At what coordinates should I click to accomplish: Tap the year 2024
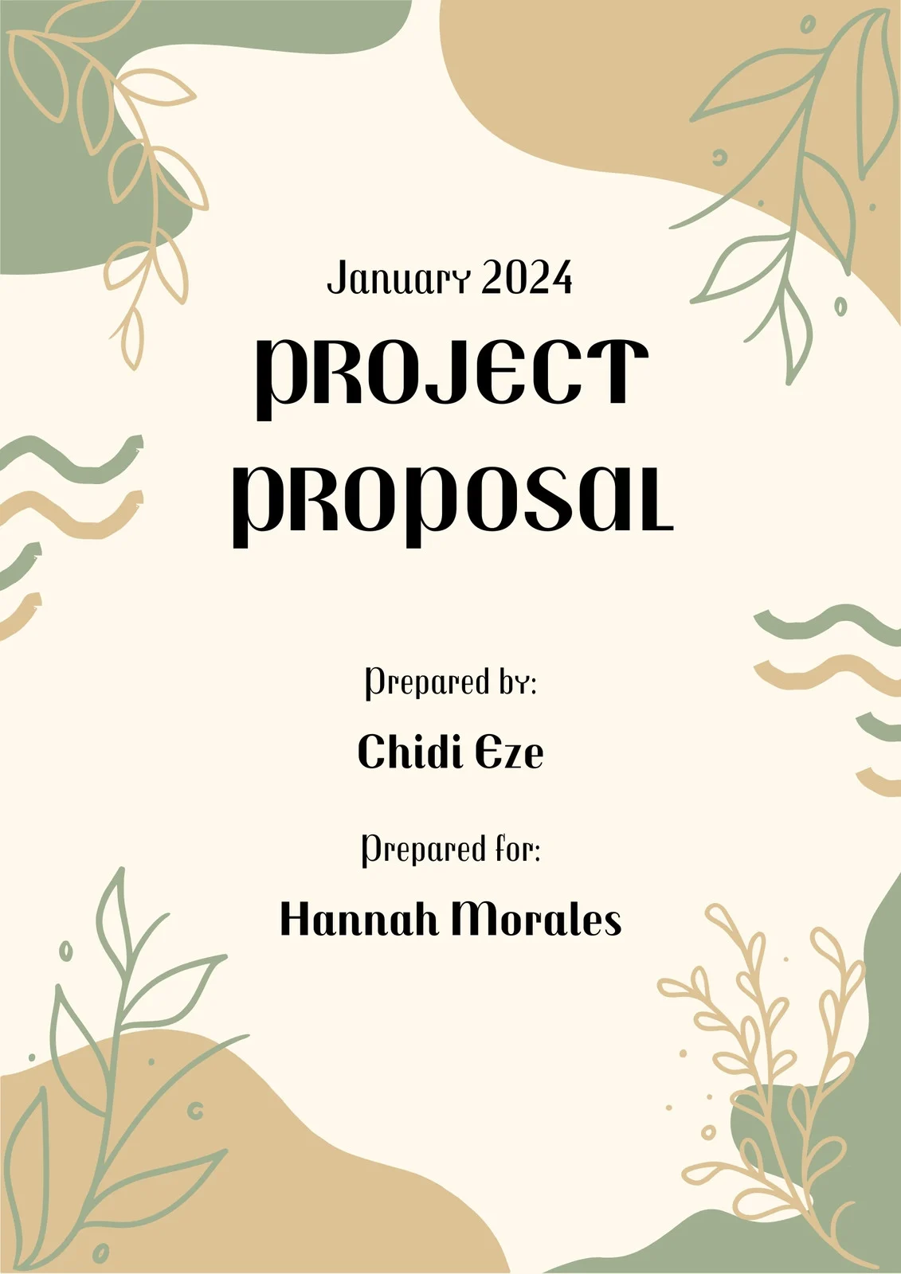point(527,278)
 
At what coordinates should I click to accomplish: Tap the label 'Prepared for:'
point(452,850)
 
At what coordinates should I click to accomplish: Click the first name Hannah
point(360,919)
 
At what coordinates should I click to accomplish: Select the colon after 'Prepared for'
point(535,852)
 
